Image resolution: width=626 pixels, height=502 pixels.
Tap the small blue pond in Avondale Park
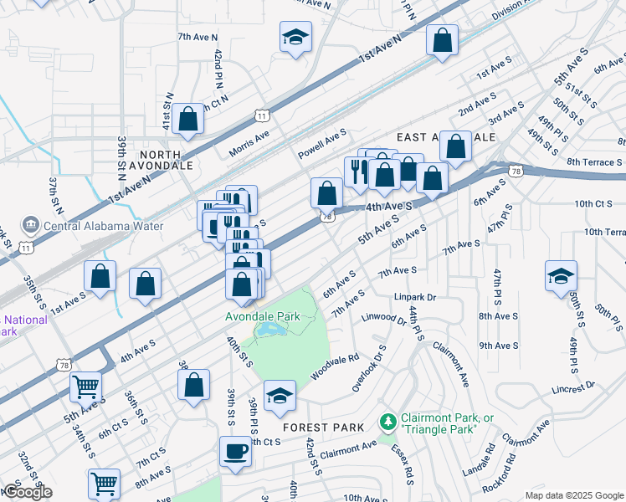[269, 332]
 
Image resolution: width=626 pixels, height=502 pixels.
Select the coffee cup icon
[234, 452]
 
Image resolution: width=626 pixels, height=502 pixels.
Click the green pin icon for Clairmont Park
[387, 419]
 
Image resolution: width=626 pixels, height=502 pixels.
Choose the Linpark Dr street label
[415, 297]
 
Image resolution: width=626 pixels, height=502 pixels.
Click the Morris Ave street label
[249, 143]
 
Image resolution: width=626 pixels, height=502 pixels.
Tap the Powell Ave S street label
[322, 144]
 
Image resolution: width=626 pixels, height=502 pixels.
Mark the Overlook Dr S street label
[369, 368]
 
